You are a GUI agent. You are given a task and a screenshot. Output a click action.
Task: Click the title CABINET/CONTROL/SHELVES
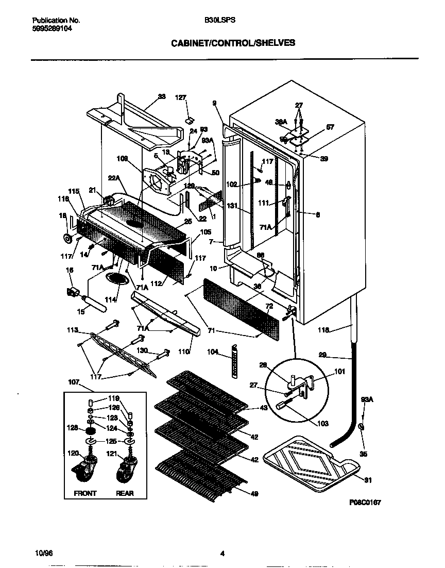(233, 43)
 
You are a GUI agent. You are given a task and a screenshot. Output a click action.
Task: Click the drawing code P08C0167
(365, 502)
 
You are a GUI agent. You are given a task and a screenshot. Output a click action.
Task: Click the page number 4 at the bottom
(222, 554)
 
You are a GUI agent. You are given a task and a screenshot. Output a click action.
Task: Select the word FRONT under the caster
(85, 493)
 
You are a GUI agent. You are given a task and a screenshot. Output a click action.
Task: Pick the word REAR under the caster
(125, 493)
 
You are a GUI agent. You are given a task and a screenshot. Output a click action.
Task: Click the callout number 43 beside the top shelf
(263, 408)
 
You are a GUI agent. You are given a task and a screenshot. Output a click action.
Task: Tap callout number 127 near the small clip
(180, 97)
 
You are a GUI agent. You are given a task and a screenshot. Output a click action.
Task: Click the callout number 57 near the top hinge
(330, 127)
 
